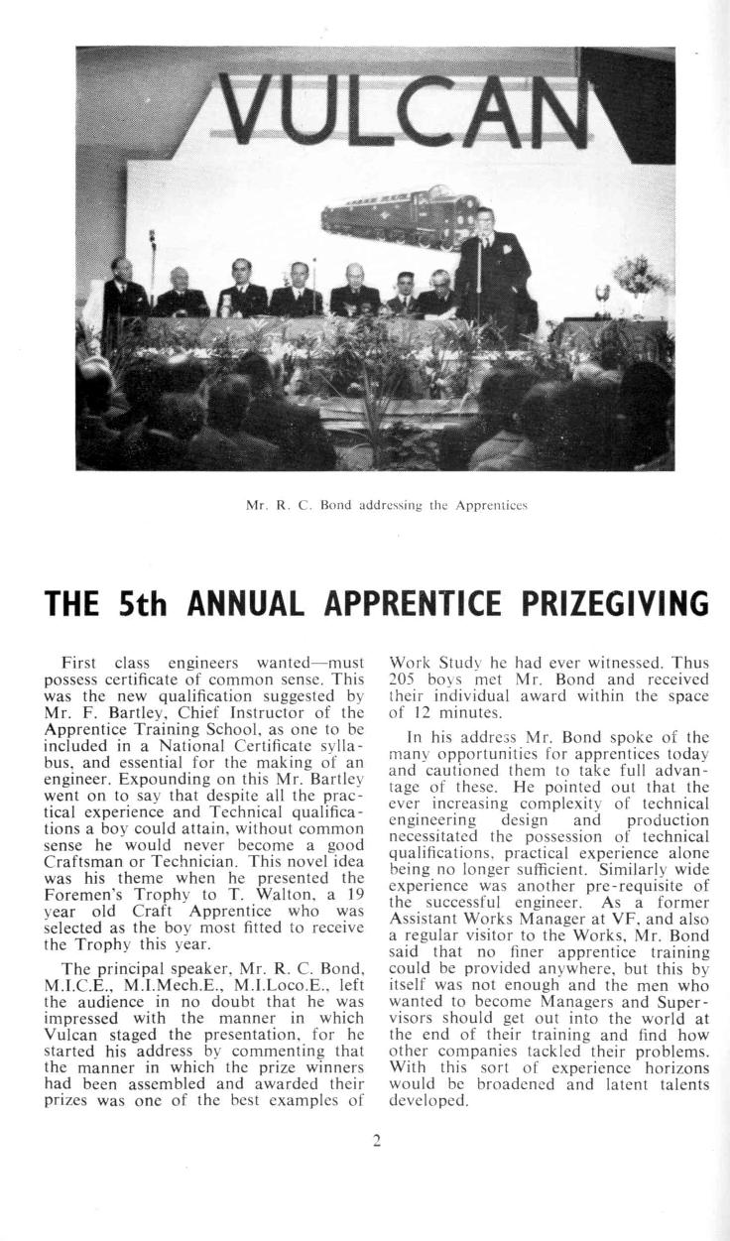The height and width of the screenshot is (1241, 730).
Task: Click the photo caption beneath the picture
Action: coord(386,505)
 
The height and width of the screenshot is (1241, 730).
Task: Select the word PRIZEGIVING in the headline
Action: coord(607,604)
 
